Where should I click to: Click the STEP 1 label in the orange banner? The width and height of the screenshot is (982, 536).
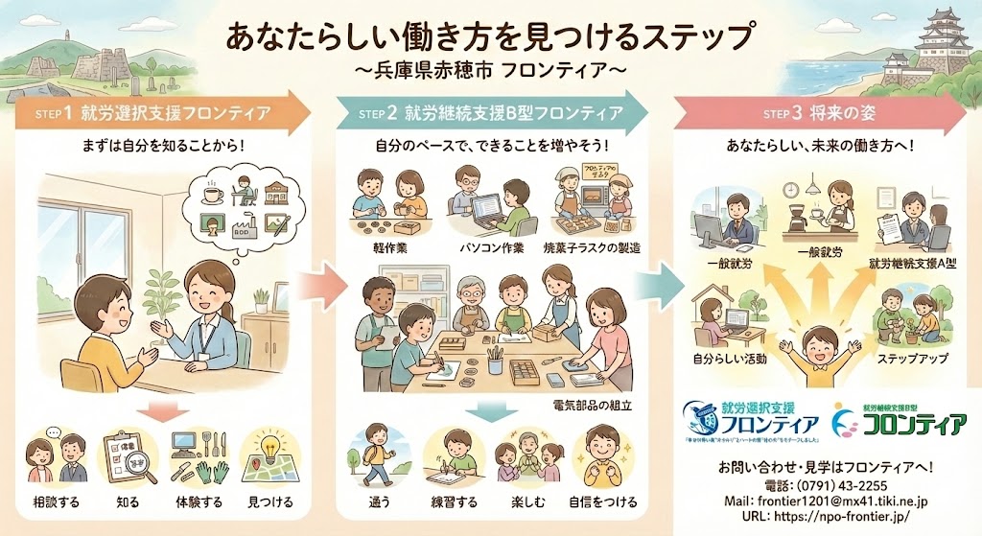[x=54, y=114]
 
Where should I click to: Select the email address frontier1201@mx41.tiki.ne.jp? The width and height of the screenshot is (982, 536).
[x=828, y=501]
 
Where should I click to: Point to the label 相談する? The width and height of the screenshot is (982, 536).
[x=56, y=501]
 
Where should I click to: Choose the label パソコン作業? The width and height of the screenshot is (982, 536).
[x=490, y=248]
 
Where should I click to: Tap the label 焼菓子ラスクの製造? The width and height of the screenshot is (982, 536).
[x=595, y=248]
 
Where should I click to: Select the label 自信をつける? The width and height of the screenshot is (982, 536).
[x=606, y=501]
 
